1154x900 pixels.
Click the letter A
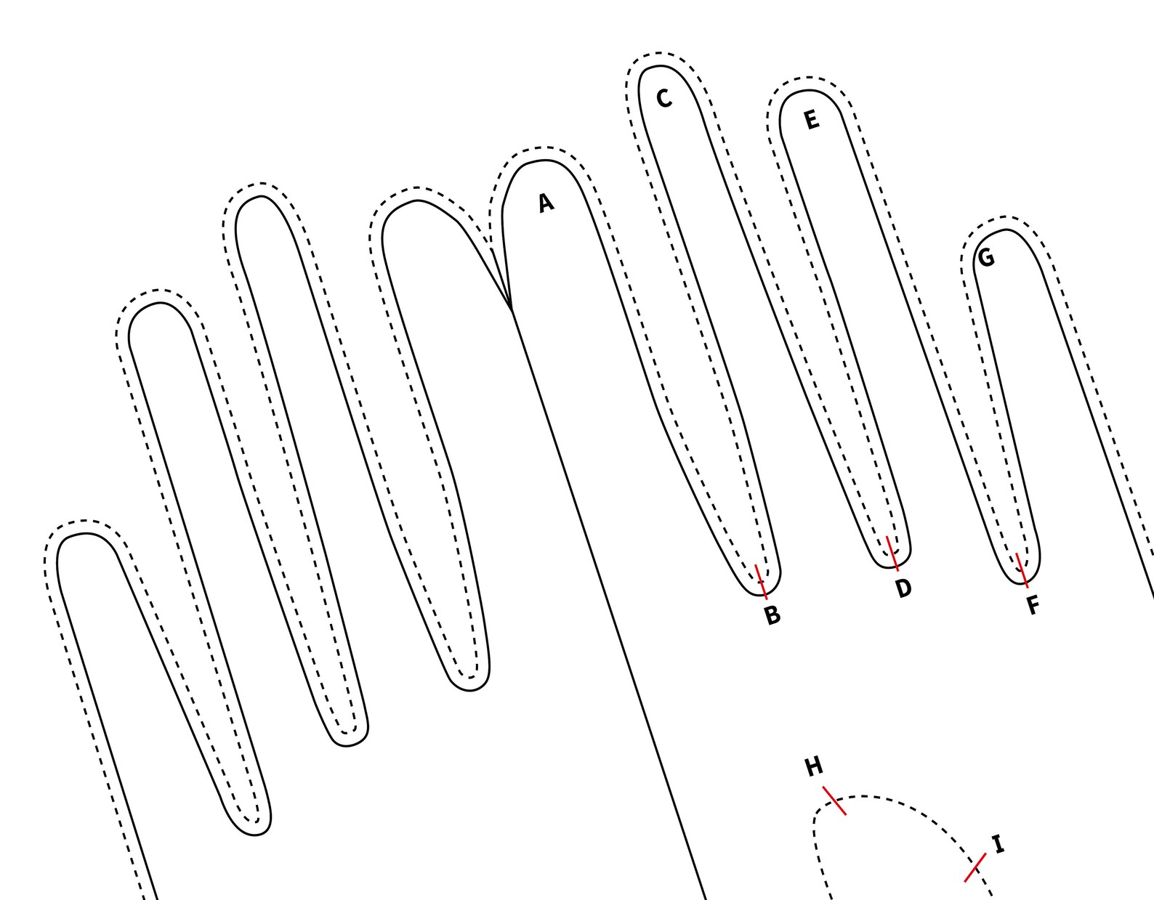[x=546, y=203]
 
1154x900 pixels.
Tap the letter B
[x=772, y=615]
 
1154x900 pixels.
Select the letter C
[x=664, y=99]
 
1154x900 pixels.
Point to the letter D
[x=903, y=588]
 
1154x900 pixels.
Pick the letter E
[x=812, y=120]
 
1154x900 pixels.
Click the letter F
[x=1033, y=605]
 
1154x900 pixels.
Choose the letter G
[x=986, y=258]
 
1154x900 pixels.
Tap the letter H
[x=814, y=767]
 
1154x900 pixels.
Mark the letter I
[x=999, y=844]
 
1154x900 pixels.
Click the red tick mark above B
[x=761, y=582]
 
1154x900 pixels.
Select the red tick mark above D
[x=892, y=554]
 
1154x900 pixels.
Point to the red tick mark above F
[x=1022, y=570]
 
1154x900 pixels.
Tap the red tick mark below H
[x=834, y=800]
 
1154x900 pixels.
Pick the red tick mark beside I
[x=975, y=867]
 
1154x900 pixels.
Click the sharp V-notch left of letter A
[x=511, y=308]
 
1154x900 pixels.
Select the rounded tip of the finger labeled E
[x=804, y=90]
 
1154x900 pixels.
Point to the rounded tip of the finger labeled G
[x=1005, y=230]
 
